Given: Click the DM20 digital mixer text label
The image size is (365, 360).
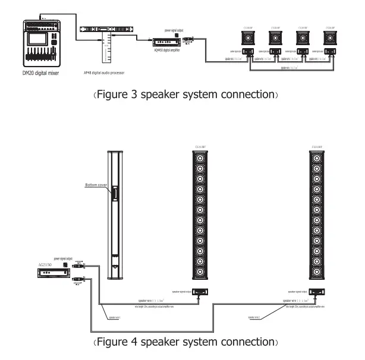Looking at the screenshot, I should [x=42, y=72].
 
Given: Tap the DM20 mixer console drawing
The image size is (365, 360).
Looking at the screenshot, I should [x=41, y=45].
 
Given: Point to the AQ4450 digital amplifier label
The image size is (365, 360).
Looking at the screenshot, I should [x=166, y=50].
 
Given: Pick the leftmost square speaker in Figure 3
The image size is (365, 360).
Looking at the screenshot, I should [x=248, y=39].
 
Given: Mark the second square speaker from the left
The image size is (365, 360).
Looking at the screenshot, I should [x=275, y=39].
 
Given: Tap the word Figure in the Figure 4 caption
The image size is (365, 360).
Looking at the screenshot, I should [x=113, y=343].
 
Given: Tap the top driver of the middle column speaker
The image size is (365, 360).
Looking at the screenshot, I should [x=200, y=159].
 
